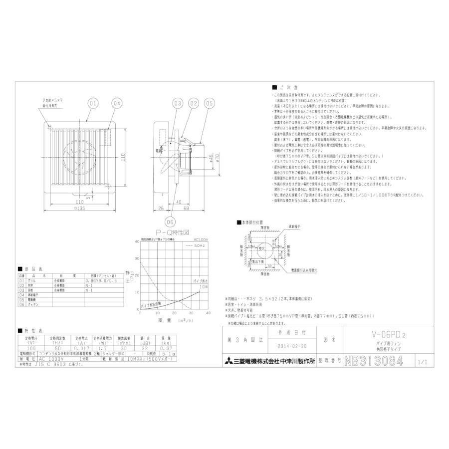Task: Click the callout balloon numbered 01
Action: click(92, 104)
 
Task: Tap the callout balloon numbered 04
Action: click(116, 104)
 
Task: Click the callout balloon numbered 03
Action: click(177, 104)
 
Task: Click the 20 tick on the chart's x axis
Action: click(174, 312)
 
